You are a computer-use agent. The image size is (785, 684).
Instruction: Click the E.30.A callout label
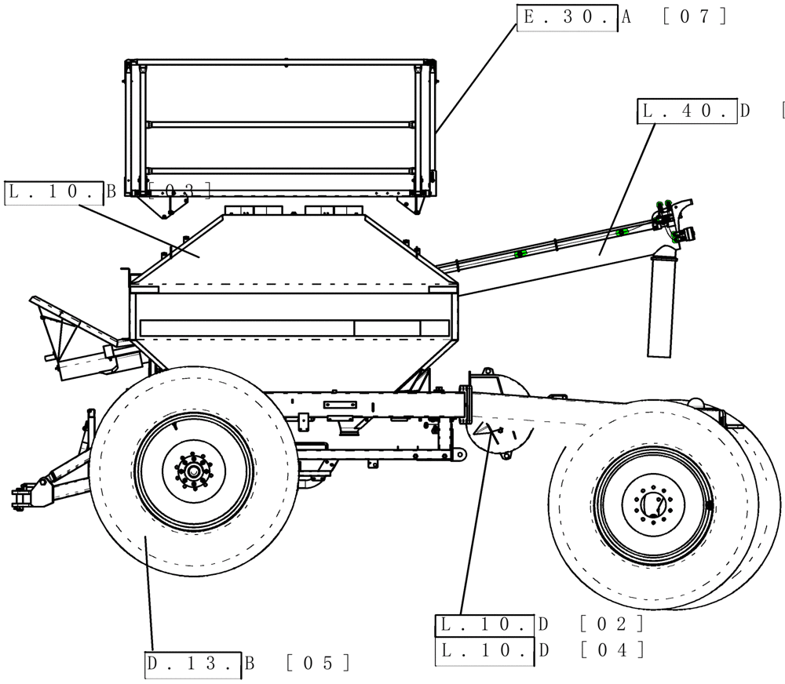(567, 16)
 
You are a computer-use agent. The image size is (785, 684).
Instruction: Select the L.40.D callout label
(687, 111)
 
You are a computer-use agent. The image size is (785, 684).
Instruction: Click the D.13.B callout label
(193, 664)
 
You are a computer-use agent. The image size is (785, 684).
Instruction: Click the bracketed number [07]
(695, 16)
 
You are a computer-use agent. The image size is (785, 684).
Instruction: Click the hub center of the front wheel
(192, 471)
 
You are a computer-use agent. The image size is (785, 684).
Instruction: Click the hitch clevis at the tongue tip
(21, 497)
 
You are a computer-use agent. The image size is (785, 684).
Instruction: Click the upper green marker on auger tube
(622, 232)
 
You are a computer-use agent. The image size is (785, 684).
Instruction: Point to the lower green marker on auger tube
(519, 254)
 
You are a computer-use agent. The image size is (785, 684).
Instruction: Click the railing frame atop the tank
(280, 126)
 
